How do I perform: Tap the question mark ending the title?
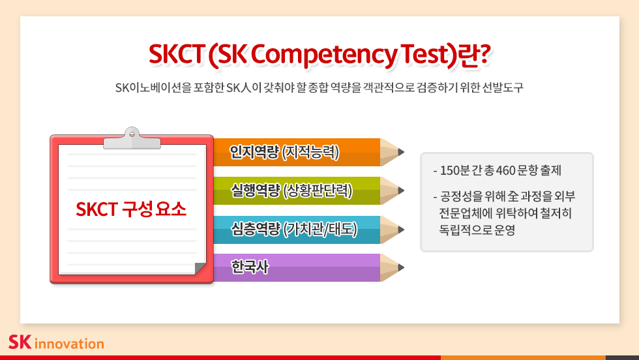pos(483,54)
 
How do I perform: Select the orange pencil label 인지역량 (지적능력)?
pos(284,152)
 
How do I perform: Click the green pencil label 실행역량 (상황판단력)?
pos(291,190)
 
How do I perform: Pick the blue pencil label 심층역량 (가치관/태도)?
pos(294,229)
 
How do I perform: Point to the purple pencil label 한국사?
pos(249,267)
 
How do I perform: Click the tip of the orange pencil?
pos(404,152)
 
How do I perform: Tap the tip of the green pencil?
pos(404,190)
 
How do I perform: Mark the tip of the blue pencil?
pos(404,230)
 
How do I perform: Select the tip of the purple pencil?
pos(404,267)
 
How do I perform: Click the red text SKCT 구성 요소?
pos(131,209)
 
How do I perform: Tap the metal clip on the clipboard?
pos(132,139)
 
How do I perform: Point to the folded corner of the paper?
pos(200,269)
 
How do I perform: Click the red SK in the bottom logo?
pos(20,342)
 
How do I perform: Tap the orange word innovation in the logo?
pos(69,344)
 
